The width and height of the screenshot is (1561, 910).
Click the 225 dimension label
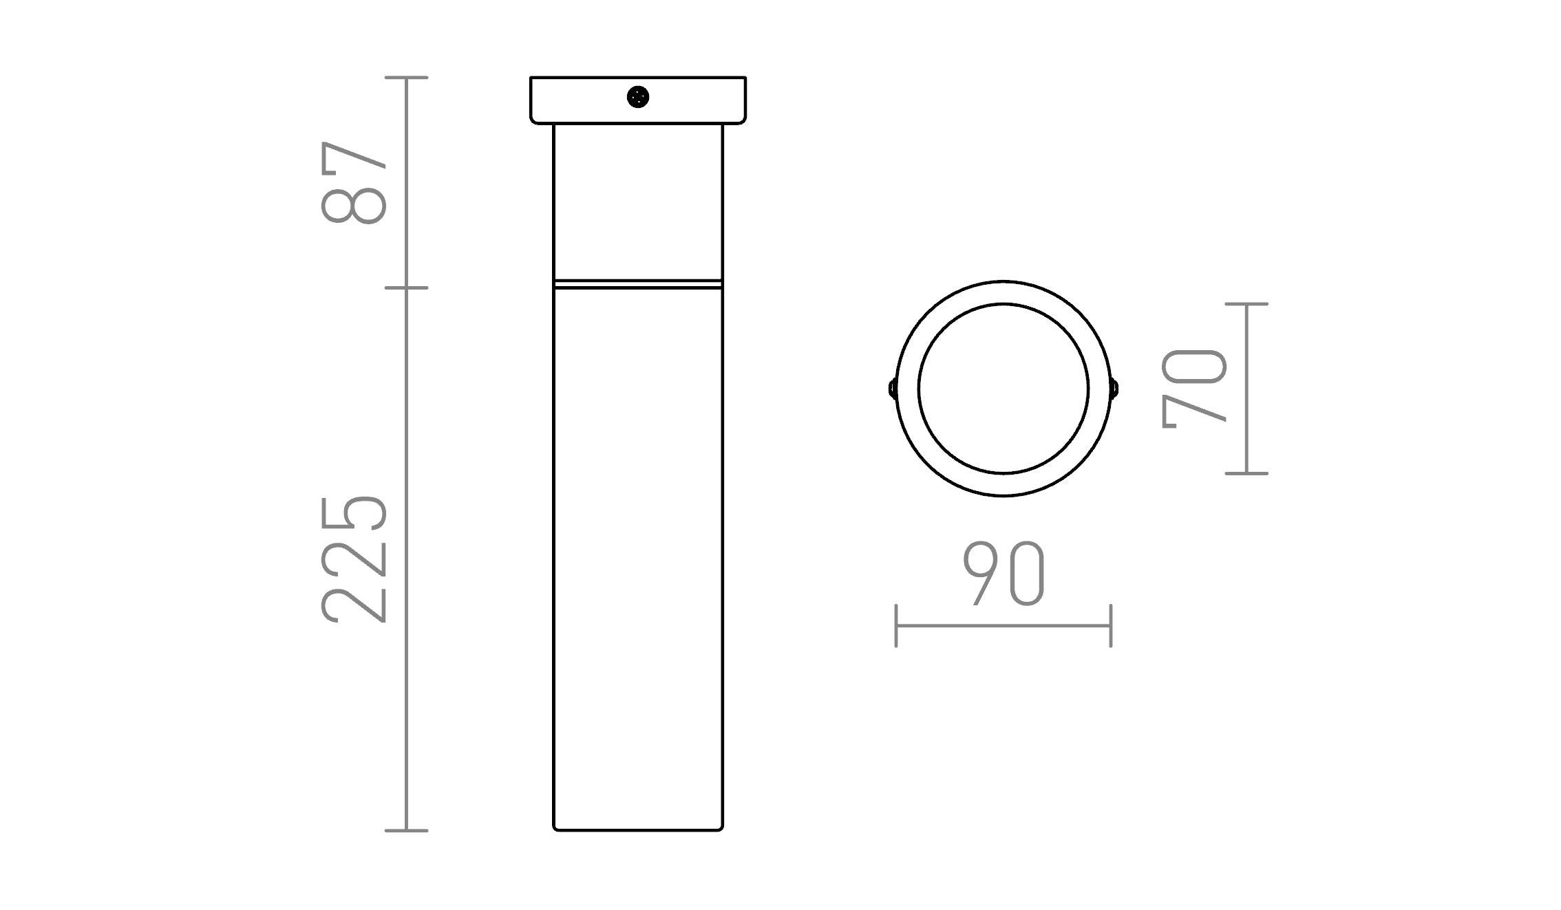pyautogui.click(x=354, y=559)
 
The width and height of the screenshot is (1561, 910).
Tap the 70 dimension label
pyautogui.click(x=1194, y=389)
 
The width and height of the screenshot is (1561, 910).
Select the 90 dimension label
pyautogui.click(x=1003, y=574)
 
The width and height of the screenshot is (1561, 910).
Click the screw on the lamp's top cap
pyautogui.click(x=638, y=97)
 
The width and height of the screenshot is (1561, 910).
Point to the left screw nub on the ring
pyautogui.click(x=892, y=389)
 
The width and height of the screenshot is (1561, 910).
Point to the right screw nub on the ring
pyautogui.click(x=1114, y=389)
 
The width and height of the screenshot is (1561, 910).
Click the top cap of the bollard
pyautogui.click(x=688, y=100)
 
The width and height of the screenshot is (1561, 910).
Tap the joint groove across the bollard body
pyautogui.click(x=638, y=283)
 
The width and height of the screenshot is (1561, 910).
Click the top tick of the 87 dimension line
pyautogui.click(x=406, y=78)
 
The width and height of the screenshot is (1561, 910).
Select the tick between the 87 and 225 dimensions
pyautogui.click(x=406, y=288)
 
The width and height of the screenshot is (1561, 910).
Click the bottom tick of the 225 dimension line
pyautogui.click(x=406, y=830)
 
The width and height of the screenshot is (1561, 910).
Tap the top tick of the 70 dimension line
pyautogui.click(x=1246, y=304)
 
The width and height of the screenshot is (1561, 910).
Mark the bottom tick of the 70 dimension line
pyautogui.click(x=1246, y=473)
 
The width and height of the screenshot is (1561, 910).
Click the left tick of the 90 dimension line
pyautogui.click(x=896, y=626)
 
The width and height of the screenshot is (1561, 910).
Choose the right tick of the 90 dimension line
pyautogui.click(x=1111, y=626)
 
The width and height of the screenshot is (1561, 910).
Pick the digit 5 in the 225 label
pyautogui.click(x=354, y=512)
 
